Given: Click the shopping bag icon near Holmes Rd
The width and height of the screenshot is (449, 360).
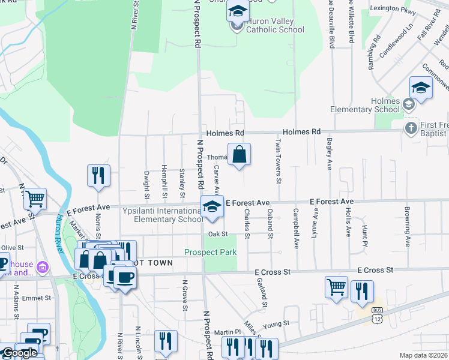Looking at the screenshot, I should point(239,154).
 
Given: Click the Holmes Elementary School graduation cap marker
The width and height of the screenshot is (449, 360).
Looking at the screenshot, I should point(421,89).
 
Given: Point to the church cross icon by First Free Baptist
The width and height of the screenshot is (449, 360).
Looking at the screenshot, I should point(411,127).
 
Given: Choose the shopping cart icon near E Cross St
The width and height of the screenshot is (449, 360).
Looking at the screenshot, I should point(336,287).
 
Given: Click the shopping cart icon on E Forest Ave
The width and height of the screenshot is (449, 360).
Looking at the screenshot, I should point(35,199).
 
